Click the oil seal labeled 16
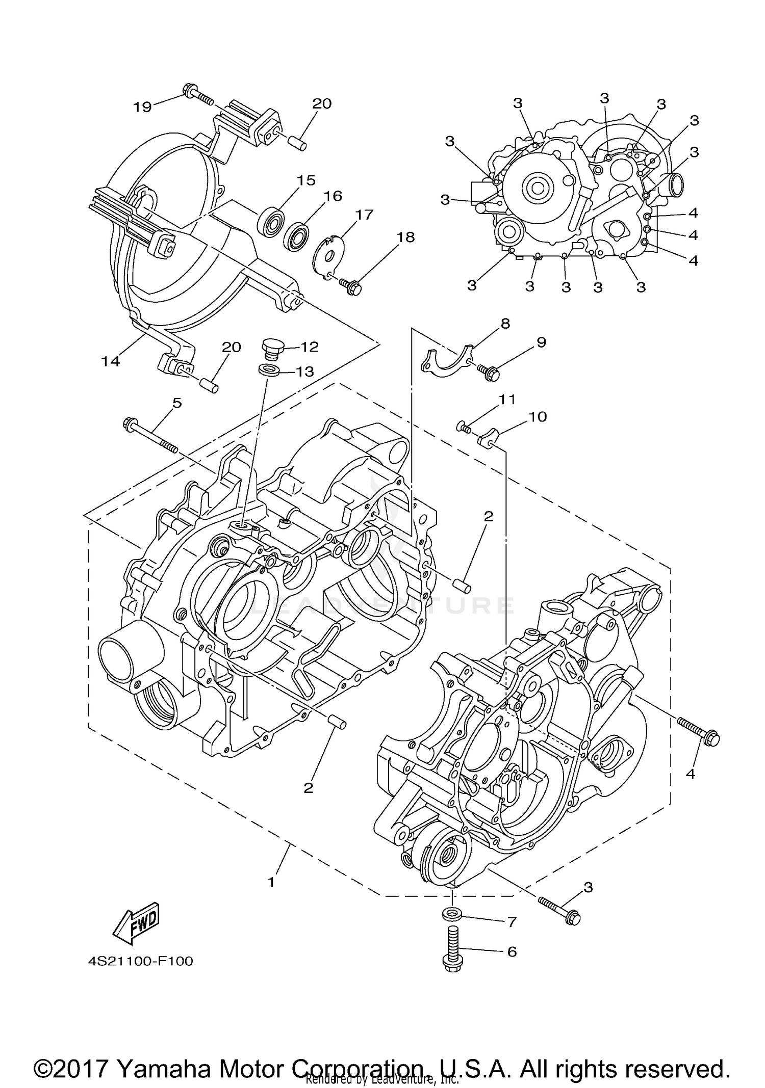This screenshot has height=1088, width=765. pyautogui.click(x=297, y=236)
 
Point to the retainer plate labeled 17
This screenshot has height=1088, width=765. pyautogui.click(x=328, y=252)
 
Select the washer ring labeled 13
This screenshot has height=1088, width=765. pyautogui.click(x=269, y=370)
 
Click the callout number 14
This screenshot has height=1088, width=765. pyautogui.click(x=110, y=361)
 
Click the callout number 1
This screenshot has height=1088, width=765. pyautogui.click(x=271, y=882)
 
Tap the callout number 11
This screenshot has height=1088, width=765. pyautogui.click(x=507, y=400)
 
